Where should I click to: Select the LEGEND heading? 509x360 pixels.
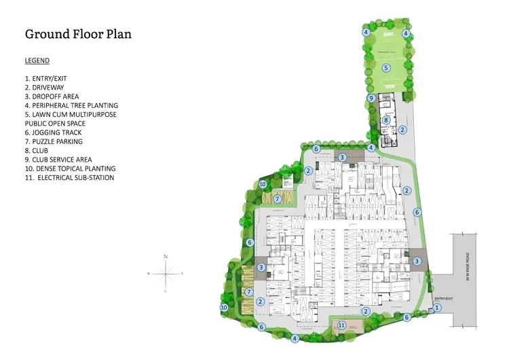(37, 60)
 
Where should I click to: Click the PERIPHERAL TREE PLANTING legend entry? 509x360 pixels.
(71, 105)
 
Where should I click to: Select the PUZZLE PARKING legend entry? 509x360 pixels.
(54, 142)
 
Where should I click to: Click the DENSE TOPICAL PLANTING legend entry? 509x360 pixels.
(70, 168)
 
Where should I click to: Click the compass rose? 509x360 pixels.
(166, 272)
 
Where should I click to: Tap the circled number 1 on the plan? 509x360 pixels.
(437, 308)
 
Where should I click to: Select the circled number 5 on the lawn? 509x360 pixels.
(385, 67)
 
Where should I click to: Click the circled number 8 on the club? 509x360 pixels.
(385, 120)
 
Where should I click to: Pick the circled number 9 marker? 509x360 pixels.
(371, 98)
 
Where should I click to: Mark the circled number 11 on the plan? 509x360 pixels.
(341, 326)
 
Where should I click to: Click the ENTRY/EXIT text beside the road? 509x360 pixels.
(443, 298)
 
